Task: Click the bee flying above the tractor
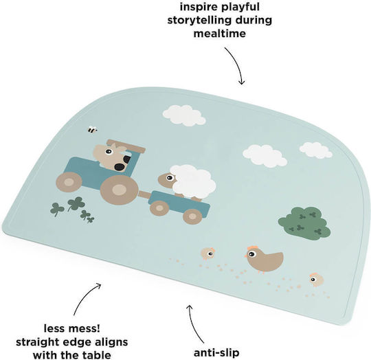tap(93, 130)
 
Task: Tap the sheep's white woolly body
tap(193, 181)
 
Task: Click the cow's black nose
tap(120, 167)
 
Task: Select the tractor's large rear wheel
tap(119, 190)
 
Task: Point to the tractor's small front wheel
tap(69, 182)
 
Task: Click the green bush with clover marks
tap(304, 223)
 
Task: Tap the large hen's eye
tap(251, 254)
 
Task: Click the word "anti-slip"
tap(216, 353)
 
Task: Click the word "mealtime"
tap(220, 34)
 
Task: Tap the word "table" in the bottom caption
tap(98, 355)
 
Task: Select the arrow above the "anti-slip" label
tap(194, 324)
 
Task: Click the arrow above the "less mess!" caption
tap(85, 297)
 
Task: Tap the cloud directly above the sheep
tap(184, 115)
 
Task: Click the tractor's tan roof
tap(126, 146)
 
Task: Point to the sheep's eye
tap(170, 178)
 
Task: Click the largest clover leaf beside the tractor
tap(76, 203)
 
